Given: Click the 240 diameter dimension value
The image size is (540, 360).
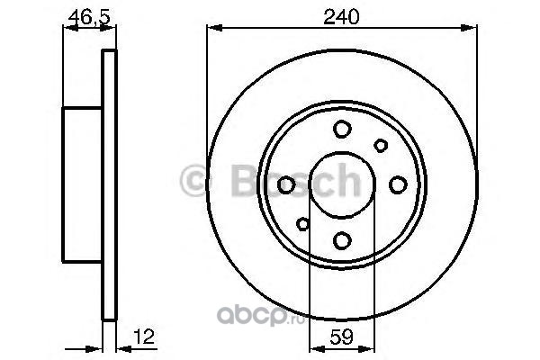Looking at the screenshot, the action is [341, 17].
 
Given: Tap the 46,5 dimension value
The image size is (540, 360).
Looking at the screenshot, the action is [89, 17].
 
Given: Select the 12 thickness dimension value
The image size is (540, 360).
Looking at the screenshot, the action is [145, 337].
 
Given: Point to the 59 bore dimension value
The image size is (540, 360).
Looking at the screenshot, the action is [342, 337].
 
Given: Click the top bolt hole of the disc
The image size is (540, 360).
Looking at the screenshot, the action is [342, 129].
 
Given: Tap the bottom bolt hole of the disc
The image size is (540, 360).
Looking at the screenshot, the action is [342, 240].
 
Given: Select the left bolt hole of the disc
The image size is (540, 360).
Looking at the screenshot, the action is [286, 184].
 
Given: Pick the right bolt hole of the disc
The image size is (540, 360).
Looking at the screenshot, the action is [398, 184].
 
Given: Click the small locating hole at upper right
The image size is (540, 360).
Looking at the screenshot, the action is [381, 146].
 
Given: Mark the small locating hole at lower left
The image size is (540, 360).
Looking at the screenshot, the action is [303, 224].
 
